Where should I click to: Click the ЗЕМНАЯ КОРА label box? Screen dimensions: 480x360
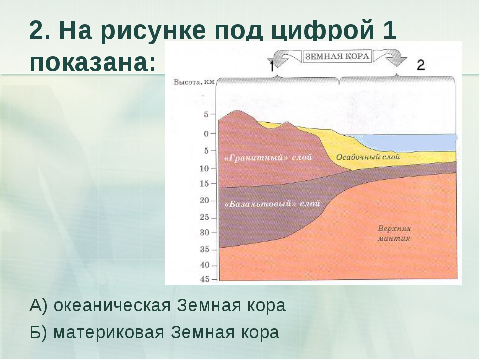coord(337,56)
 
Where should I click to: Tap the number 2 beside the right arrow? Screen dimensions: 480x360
coord(421,65)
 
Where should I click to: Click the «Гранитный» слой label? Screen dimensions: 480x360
coord(268,157)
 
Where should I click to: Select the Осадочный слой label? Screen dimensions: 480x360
coord(368,157)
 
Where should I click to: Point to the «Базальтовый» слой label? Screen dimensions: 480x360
coord(272,204)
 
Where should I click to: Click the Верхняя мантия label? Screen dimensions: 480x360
coord(394,233)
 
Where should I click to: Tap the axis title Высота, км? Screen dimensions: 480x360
coord(194,82)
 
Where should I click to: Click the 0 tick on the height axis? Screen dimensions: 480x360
coord(206,134)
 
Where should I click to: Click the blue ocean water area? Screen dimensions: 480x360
coord(407,142)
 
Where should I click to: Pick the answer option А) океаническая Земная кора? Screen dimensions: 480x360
coord(158,305)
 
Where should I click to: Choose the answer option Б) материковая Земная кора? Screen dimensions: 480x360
coord(155,332)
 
